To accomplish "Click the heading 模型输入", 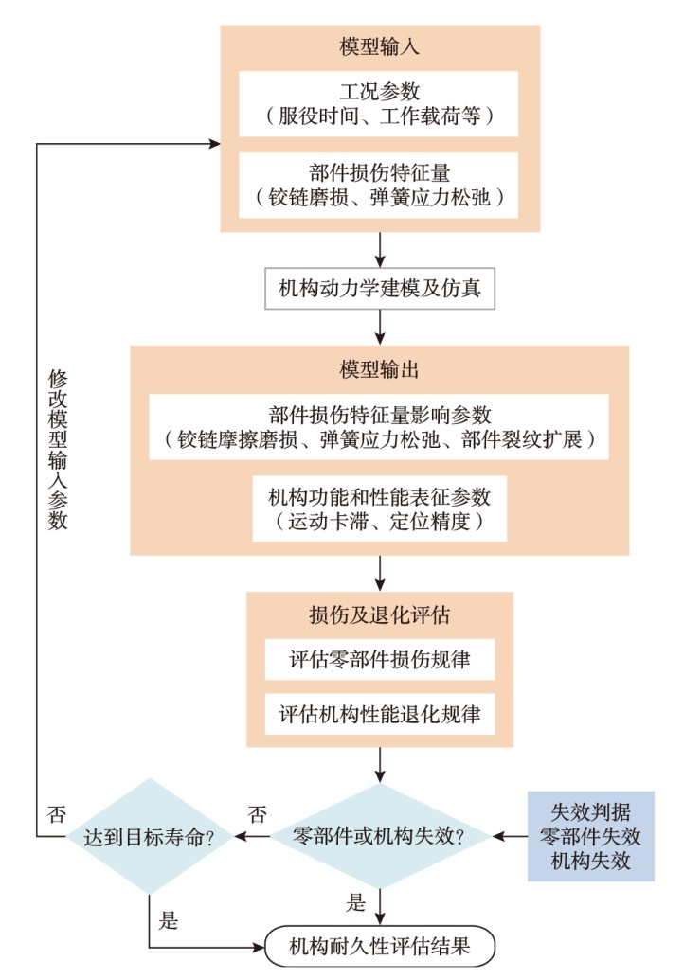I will coord(380,46).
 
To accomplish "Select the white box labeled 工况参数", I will coord(379,104).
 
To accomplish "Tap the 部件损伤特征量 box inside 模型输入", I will coord(379,186).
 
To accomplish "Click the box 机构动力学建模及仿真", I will coord(379,287).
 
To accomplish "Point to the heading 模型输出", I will coord(379,365).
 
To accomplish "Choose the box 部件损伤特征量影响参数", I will coord(379,427).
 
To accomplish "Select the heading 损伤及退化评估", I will coord(380,614).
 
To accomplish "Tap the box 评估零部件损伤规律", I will coord(379,660).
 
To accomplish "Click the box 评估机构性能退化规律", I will coord(379,715).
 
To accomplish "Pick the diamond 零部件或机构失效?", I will coord(380,836).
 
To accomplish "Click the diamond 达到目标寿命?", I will coord(149,836).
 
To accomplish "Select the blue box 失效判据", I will coord(590,836).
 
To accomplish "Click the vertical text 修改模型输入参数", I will coord(58,450).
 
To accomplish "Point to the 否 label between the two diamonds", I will coord(256,813).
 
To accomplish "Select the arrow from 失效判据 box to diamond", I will coord(510,836).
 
